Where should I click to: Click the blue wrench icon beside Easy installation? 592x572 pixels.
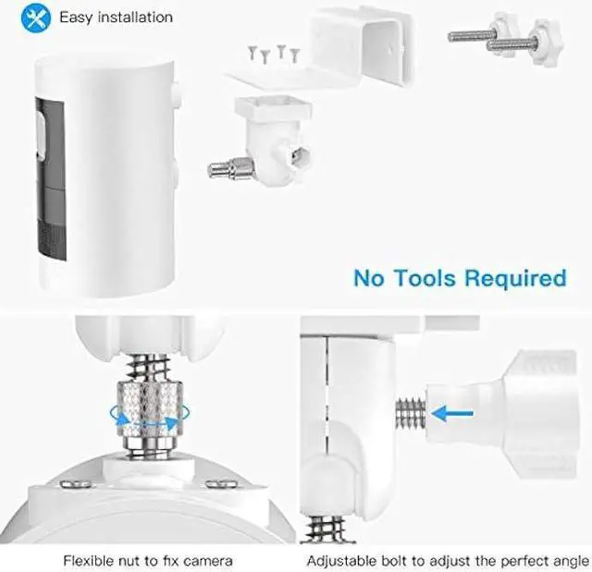36,17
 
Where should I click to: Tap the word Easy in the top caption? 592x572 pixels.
76,17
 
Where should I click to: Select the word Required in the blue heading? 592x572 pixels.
517,277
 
